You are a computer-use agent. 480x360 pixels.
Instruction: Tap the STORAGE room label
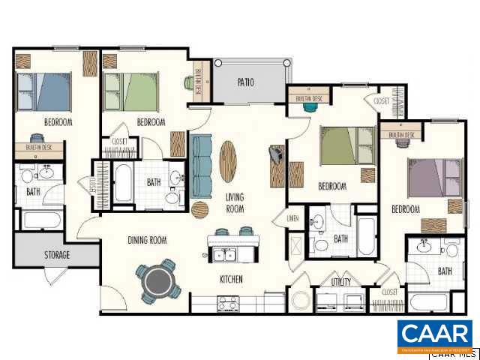[56, 255]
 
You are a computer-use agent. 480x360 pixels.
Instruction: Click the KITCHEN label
[230, 280]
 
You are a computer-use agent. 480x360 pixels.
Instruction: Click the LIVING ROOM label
[235, 202]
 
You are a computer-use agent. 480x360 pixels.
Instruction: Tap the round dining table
[158, 281]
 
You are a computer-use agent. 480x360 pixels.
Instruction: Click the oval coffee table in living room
[229, 160]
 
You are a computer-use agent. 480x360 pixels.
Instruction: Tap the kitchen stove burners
[226, 303]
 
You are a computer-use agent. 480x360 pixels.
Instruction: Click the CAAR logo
[434, 335]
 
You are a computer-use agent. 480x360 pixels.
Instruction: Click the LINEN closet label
[293, 218]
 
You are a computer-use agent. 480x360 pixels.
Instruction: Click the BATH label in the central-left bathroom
[154, 182]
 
